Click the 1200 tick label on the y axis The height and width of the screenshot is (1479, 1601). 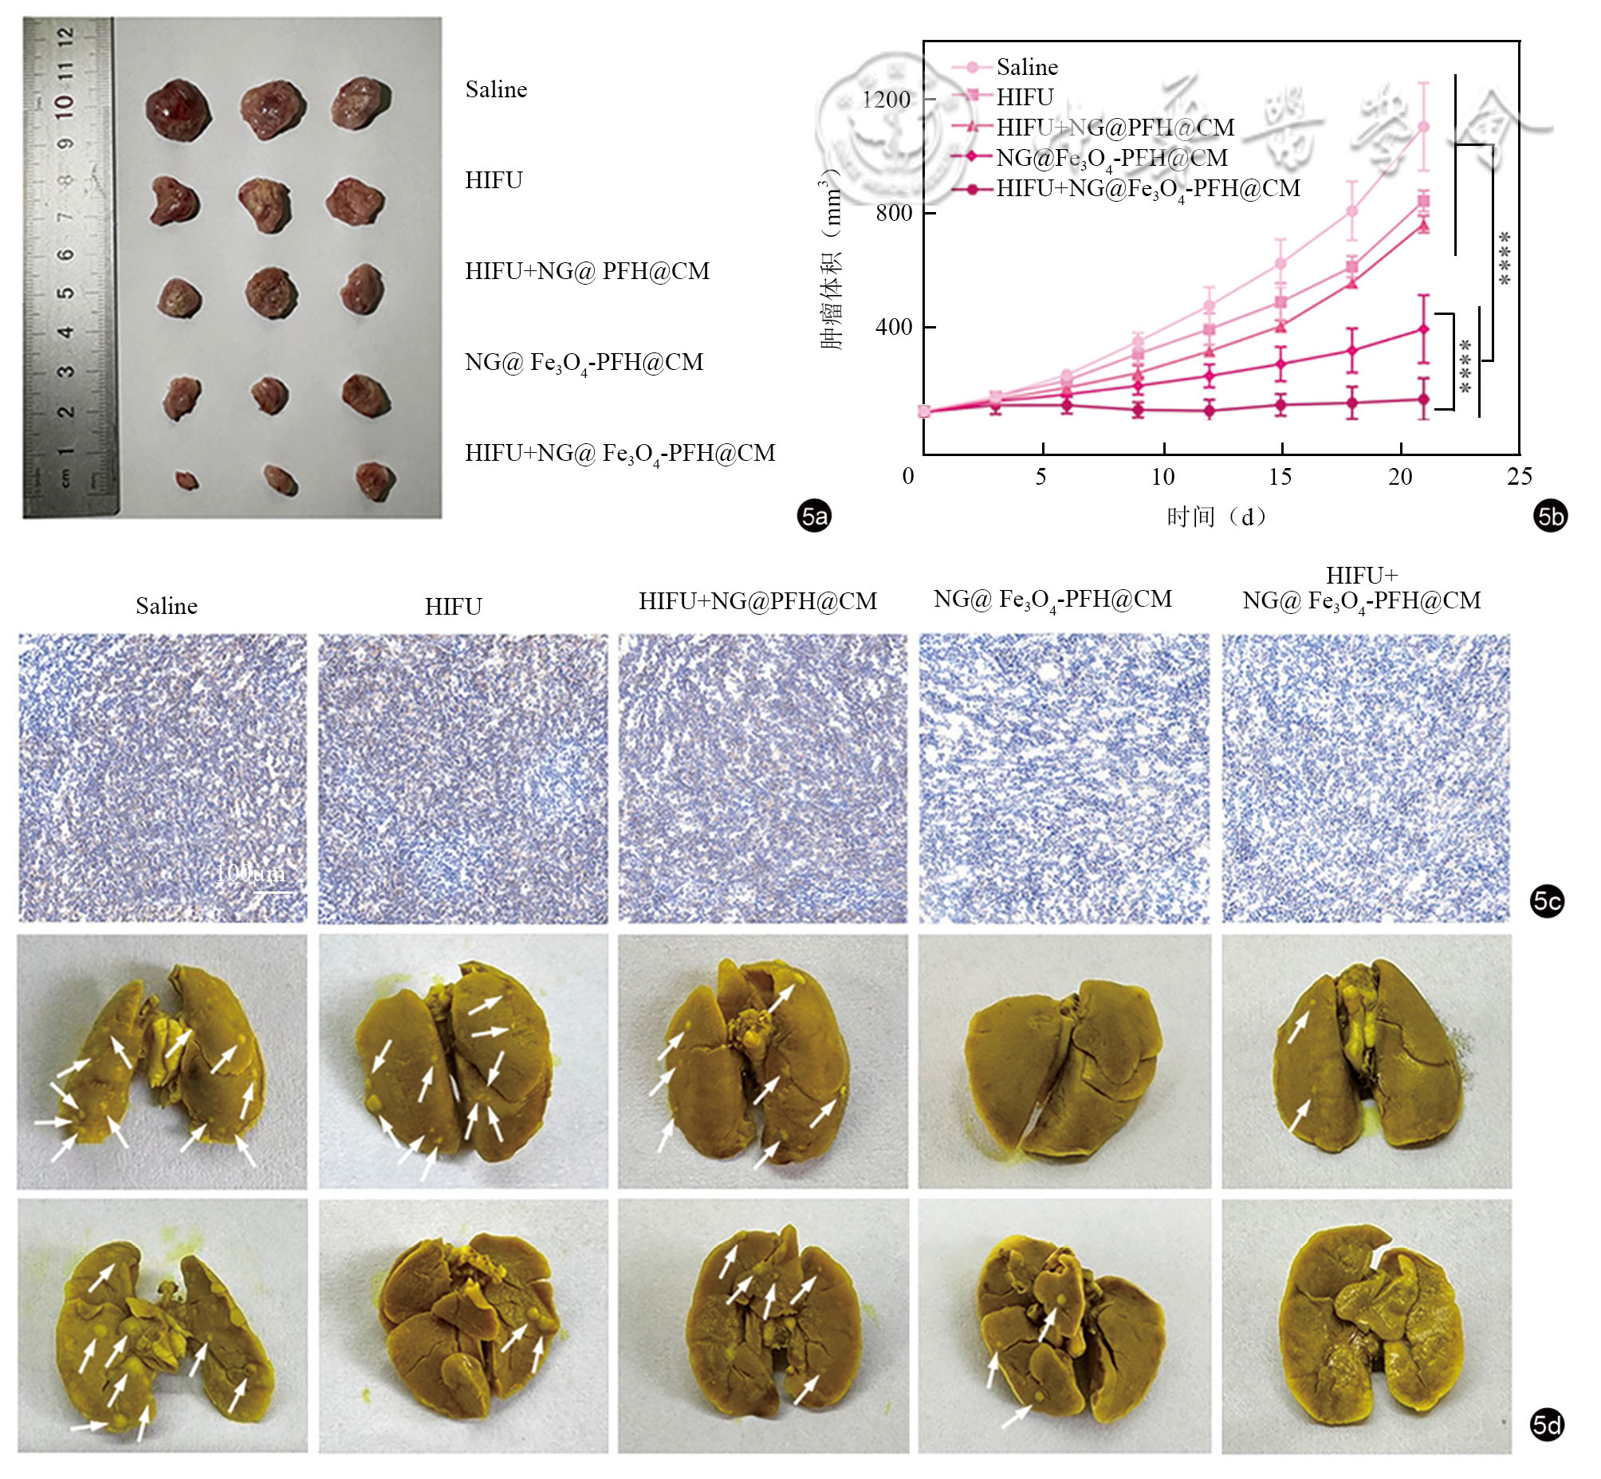886,100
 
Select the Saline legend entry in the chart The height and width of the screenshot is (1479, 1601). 1026,67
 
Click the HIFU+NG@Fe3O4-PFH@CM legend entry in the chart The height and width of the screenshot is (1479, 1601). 1147,190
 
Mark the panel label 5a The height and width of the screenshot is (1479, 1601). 814,516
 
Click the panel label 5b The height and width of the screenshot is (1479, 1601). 1550,516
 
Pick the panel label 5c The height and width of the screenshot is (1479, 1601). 1547,902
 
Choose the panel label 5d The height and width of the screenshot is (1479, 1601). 1547,1426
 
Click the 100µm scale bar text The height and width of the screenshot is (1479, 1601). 250,872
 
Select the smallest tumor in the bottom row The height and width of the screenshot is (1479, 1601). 187,480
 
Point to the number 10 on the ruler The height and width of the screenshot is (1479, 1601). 65,104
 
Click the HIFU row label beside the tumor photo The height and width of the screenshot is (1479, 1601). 494,180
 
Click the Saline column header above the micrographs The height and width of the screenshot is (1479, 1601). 167,606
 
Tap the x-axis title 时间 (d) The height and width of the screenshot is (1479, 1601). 1215,517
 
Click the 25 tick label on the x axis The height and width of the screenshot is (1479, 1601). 1520,477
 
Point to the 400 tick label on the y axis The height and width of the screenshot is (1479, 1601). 893,328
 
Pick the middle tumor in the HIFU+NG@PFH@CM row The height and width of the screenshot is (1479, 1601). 271,293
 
